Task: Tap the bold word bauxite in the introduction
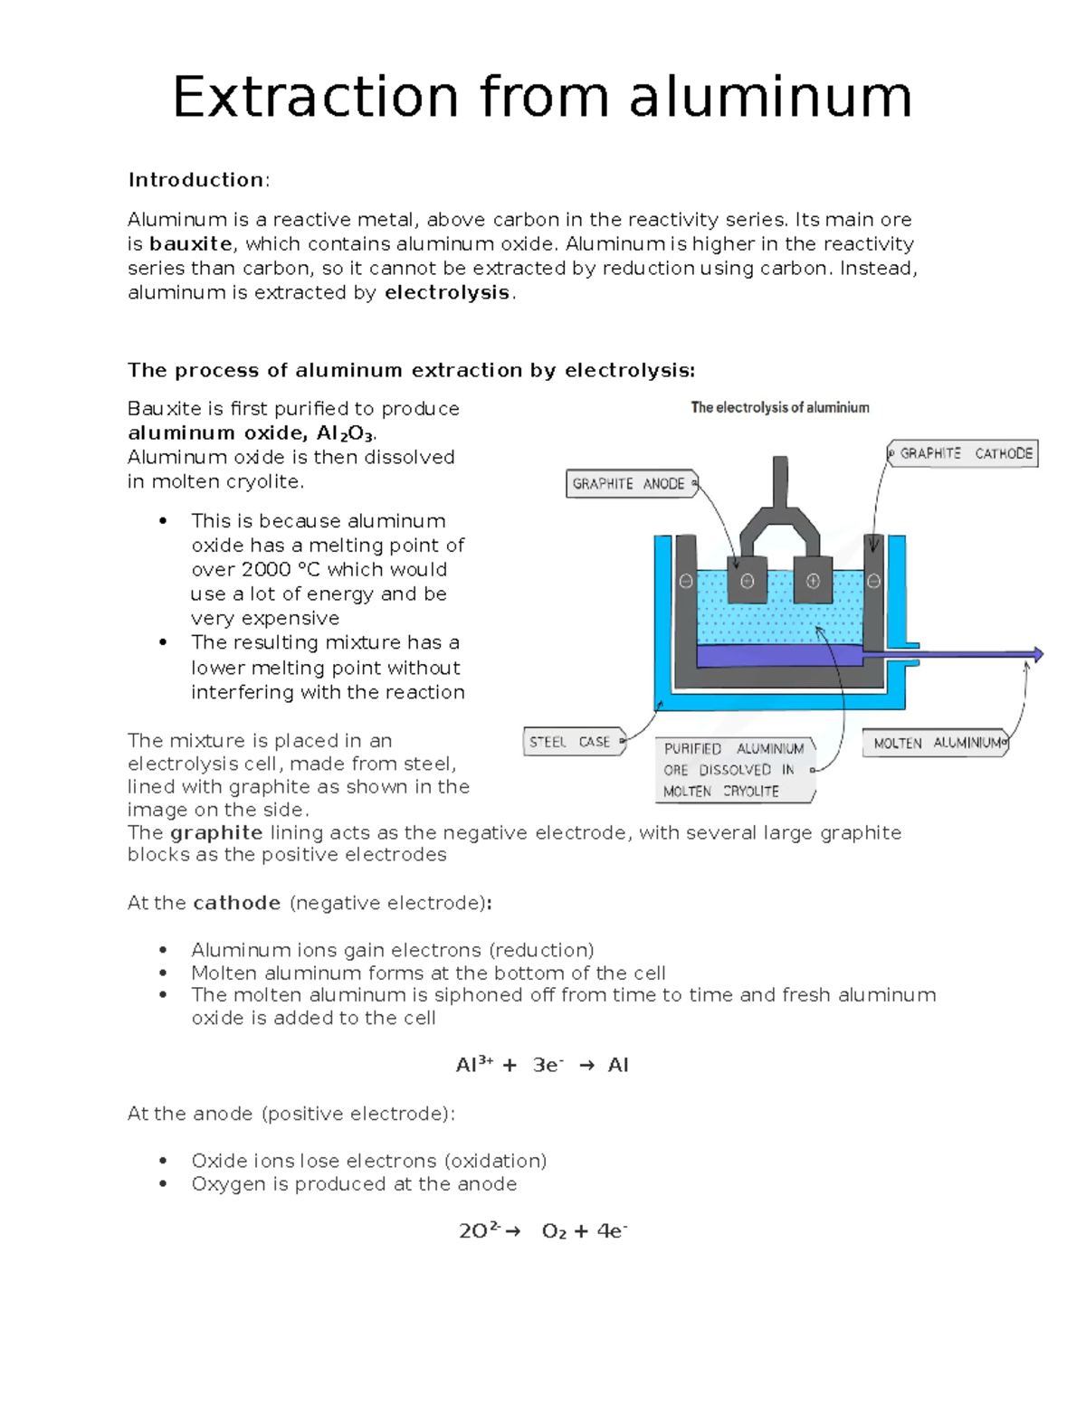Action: point(190,244)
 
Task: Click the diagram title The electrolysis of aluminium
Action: point(779,408)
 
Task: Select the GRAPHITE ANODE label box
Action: point(630,484)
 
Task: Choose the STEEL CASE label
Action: point(571,742)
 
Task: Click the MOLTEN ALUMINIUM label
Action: point(936,743)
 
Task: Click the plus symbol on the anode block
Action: point(813,582)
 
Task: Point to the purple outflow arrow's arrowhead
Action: point(1037,654)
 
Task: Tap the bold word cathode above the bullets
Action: point(236,903)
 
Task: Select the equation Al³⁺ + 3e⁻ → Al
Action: point(541,1065)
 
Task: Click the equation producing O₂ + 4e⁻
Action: point(542,1231)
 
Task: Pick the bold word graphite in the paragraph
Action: point(216,832)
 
